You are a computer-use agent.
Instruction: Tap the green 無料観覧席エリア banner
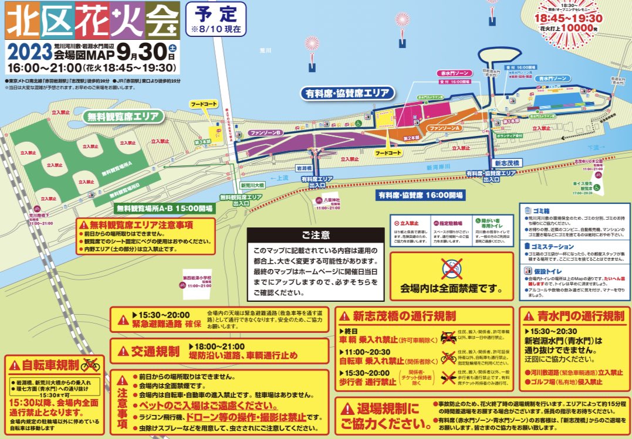coord(123,116)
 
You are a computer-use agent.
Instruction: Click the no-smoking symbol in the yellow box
coord(451,269)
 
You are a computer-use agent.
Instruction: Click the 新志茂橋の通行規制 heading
coord(404,316)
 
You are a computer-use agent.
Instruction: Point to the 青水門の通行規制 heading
coord(580,316)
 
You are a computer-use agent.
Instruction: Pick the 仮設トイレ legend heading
coord(546,271)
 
